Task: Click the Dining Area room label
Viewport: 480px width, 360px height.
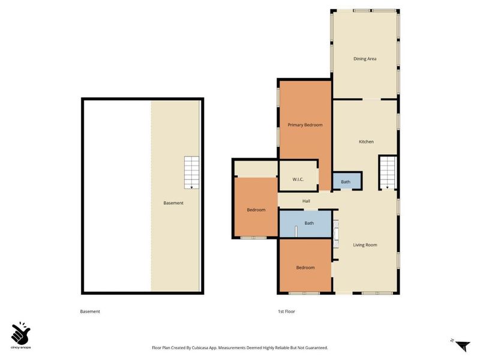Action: coord(365,59)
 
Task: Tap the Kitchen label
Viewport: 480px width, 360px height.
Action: coord(366,142)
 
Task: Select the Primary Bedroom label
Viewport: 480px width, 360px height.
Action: coord(305,125)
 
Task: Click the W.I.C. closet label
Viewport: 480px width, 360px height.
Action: coord(298,179)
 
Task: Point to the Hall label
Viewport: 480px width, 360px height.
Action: coord(306,201)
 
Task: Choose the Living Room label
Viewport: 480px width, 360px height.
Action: coord(365,245)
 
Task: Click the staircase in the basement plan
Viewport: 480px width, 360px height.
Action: coord(192,173)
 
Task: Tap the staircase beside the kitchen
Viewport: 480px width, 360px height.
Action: coord(387,173)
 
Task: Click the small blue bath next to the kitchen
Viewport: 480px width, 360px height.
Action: coord(346,181)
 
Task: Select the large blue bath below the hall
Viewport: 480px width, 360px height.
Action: coord(309,224)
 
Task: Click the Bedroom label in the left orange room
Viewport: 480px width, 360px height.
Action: coord(256,210)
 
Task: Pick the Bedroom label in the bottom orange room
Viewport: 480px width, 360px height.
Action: coord(305,268)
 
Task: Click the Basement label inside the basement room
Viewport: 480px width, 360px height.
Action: coord(173,203)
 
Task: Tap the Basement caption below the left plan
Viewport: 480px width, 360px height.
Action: coord(90,311)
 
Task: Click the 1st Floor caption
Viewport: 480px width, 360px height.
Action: coord(286,311)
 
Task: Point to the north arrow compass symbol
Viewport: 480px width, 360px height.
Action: coord(460,345)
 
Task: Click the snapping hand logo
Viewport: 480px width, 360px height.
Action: coord(20,332)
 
